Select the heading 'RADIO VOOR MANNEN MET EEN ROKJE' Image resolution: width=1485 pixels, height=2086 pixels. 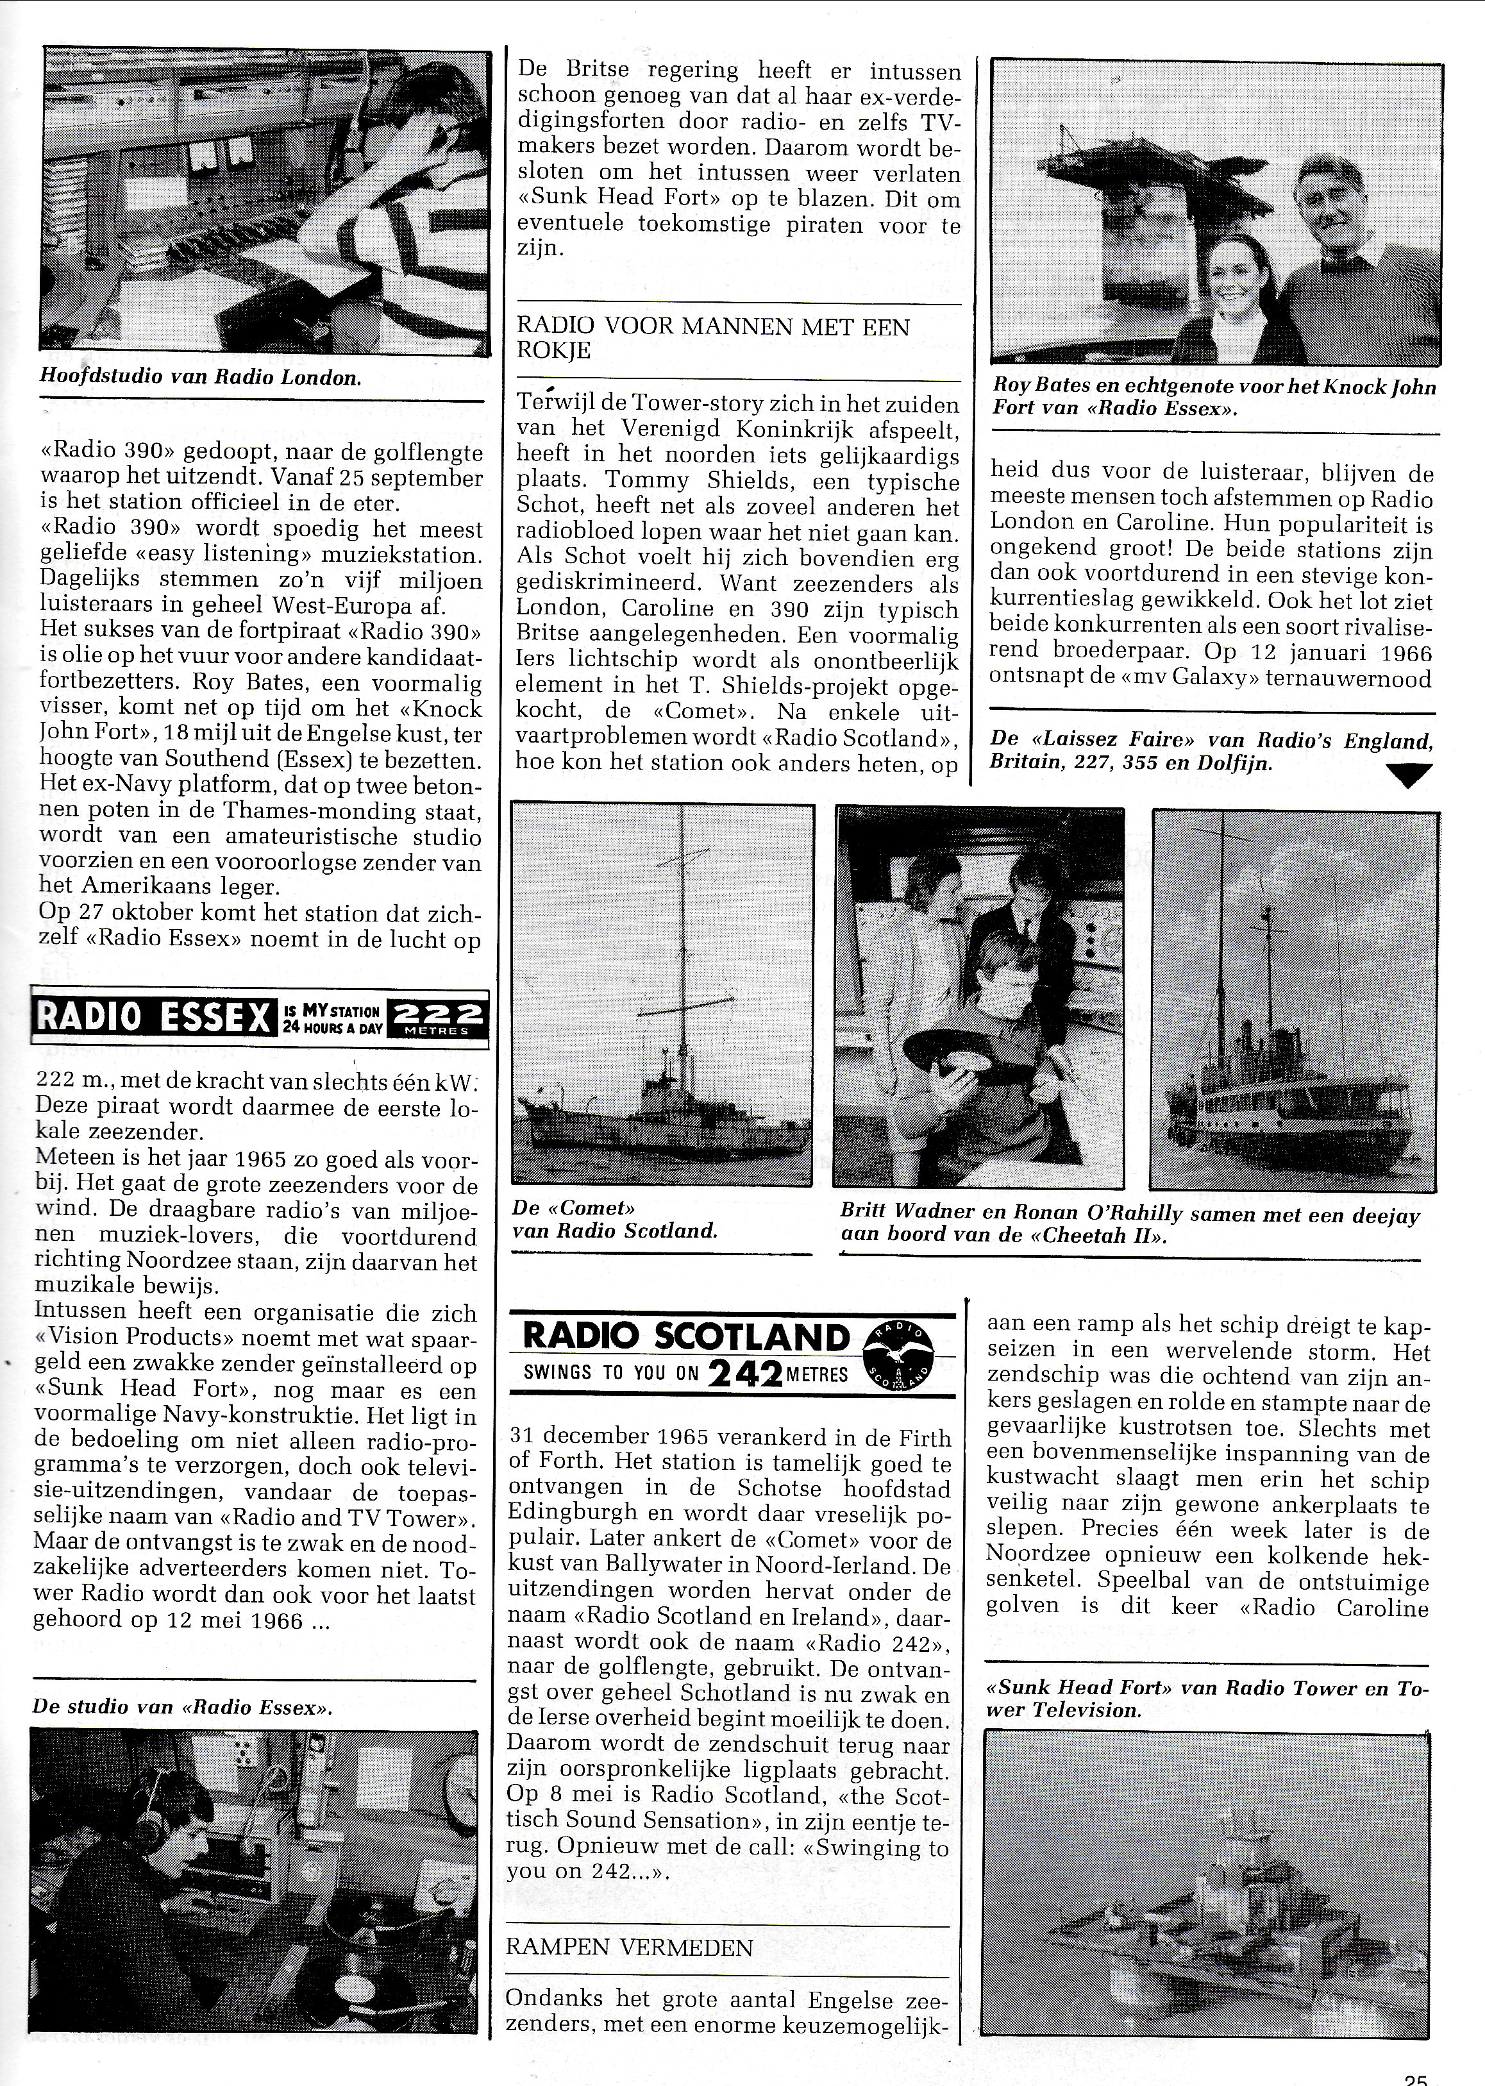(x=713, y=339)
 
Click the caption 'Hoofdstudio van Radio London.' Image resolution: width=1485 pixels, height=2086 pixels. (x=199, y=378)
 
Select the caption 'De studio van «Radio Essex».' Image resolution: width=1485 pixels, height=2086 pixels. (x=183, y=1706)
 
